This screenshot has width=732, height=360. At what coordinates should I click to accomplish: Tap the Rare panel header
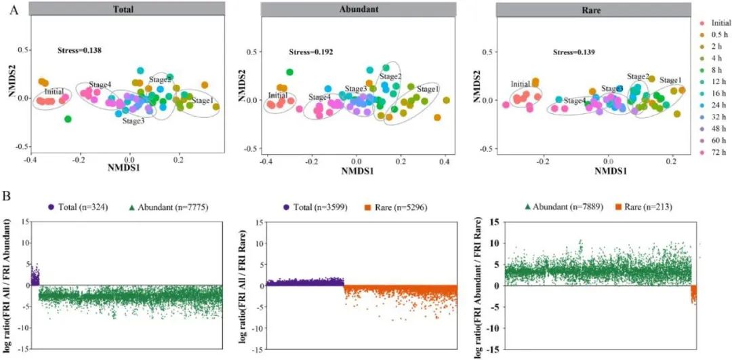click(586, 9)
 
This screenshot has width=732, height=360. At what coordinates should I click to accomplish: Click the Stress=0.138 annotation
click(79, 49)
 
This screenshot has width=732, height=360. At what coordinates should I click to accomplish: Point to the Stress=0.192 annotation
click(311, 52)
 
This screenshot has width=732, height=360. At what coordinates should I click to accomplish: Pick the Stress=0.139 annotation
click(573, 52)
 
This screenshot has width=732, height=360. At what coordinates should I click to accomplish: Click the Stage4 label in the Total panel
click(100, 85)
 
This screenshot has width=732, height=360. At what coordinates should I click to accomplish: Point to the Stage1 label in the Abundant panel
click(428, 89)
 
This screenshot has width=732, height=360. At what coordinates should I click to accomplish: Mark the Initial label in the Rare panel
click(521, 84)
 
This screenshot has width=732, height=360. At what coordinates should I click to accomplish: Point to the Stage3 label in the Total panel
click(134, 121)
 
